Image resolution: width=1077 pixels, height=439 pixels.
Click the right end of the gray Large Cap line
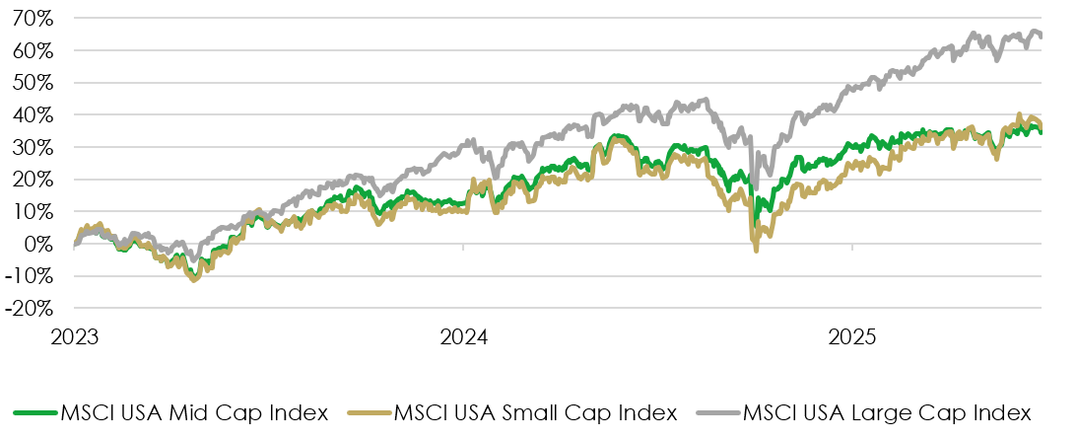pos(1043,37)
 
